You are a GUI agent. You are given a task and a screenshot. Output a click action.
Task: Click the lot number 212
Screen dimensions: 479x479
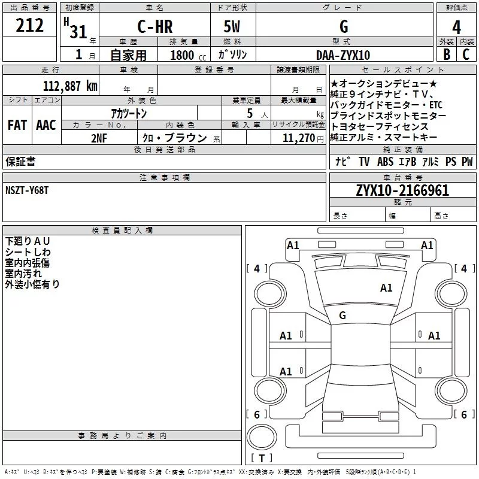coord(30,26)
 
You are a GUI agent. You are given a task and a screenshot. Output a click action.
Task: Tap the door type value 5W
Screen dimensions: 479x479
coord(232,27)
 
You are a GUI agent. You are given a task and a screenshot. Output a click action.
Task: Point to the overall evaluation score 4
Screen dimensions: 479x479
coord(456,28)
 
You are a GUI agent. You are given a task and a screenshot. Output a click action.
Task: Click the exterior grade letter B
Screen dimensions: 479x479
coord(446,54)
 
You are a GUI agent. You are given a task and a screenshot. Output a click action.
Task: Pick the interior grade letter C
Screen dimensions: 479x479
coord(466,54)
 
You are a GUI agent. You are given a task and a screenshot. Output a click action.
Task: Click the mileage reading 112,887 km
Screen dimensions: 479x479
coord(70,86)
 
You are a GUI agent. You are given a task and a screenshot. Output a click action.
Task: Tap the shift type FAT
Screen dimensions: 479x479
coord(17,125)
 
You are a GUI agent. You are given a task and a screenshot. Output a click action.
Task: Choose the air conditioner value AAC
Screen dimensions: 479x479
coord(46,125)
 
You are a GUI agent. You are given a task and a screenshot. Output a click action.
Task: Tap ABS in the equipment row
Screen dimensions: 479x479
coord(385,162)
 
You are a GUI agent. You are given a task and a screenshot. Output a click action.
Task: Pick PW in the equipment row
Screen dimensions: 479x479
coord(466,162)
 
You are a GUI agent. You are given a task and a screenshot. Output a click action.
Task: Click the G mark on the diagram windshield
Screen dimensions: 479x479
coord(342,316)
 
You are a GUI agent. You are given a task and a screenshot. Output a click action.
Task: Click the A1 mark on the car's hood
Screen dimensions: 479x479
coord(386,288)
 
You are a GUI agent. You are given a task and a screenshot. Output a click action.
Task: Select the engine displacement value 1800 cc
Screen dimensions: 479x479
coord(187,55)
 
